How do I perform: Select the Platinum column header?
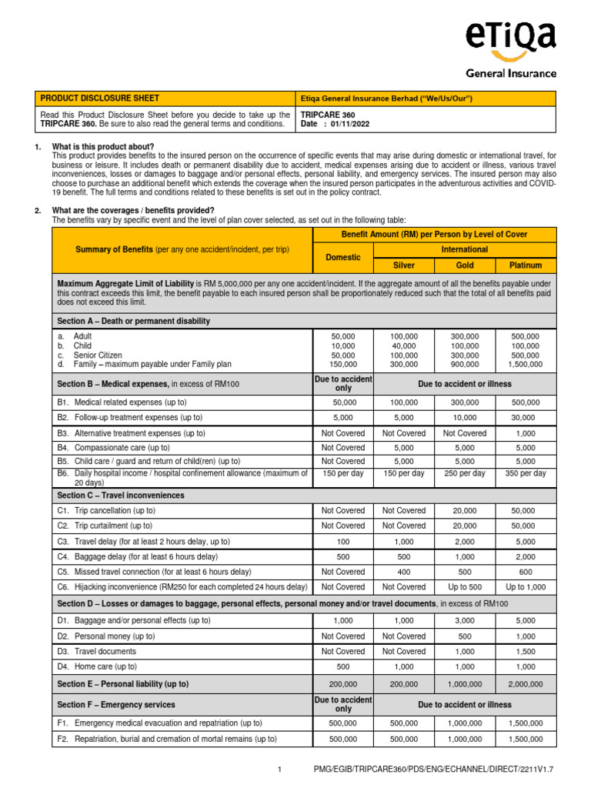click(526, 265)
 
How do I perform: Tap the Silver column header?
click(404, 265)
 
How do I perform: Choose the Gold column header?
click(465, 265)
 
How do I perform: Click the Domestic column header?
click(342, 257)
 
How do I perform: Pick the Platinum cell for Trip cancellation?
click(526, 511)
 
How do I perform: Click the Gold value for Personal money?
click(465, 636)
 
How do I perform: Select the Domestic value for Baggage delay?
click(342, 556)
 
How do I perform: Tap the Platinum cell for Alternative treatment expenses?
click(526, 433)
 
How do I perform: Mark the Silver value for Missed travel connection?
click(404, 572)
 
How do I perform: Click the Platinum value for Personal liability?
click(526, 683)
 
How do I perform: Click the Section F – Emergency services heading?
click(116, 704)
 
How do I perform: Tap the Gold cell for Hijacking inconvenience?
click(465, 587)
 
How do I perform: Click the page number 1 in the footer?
click(281, 770)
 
